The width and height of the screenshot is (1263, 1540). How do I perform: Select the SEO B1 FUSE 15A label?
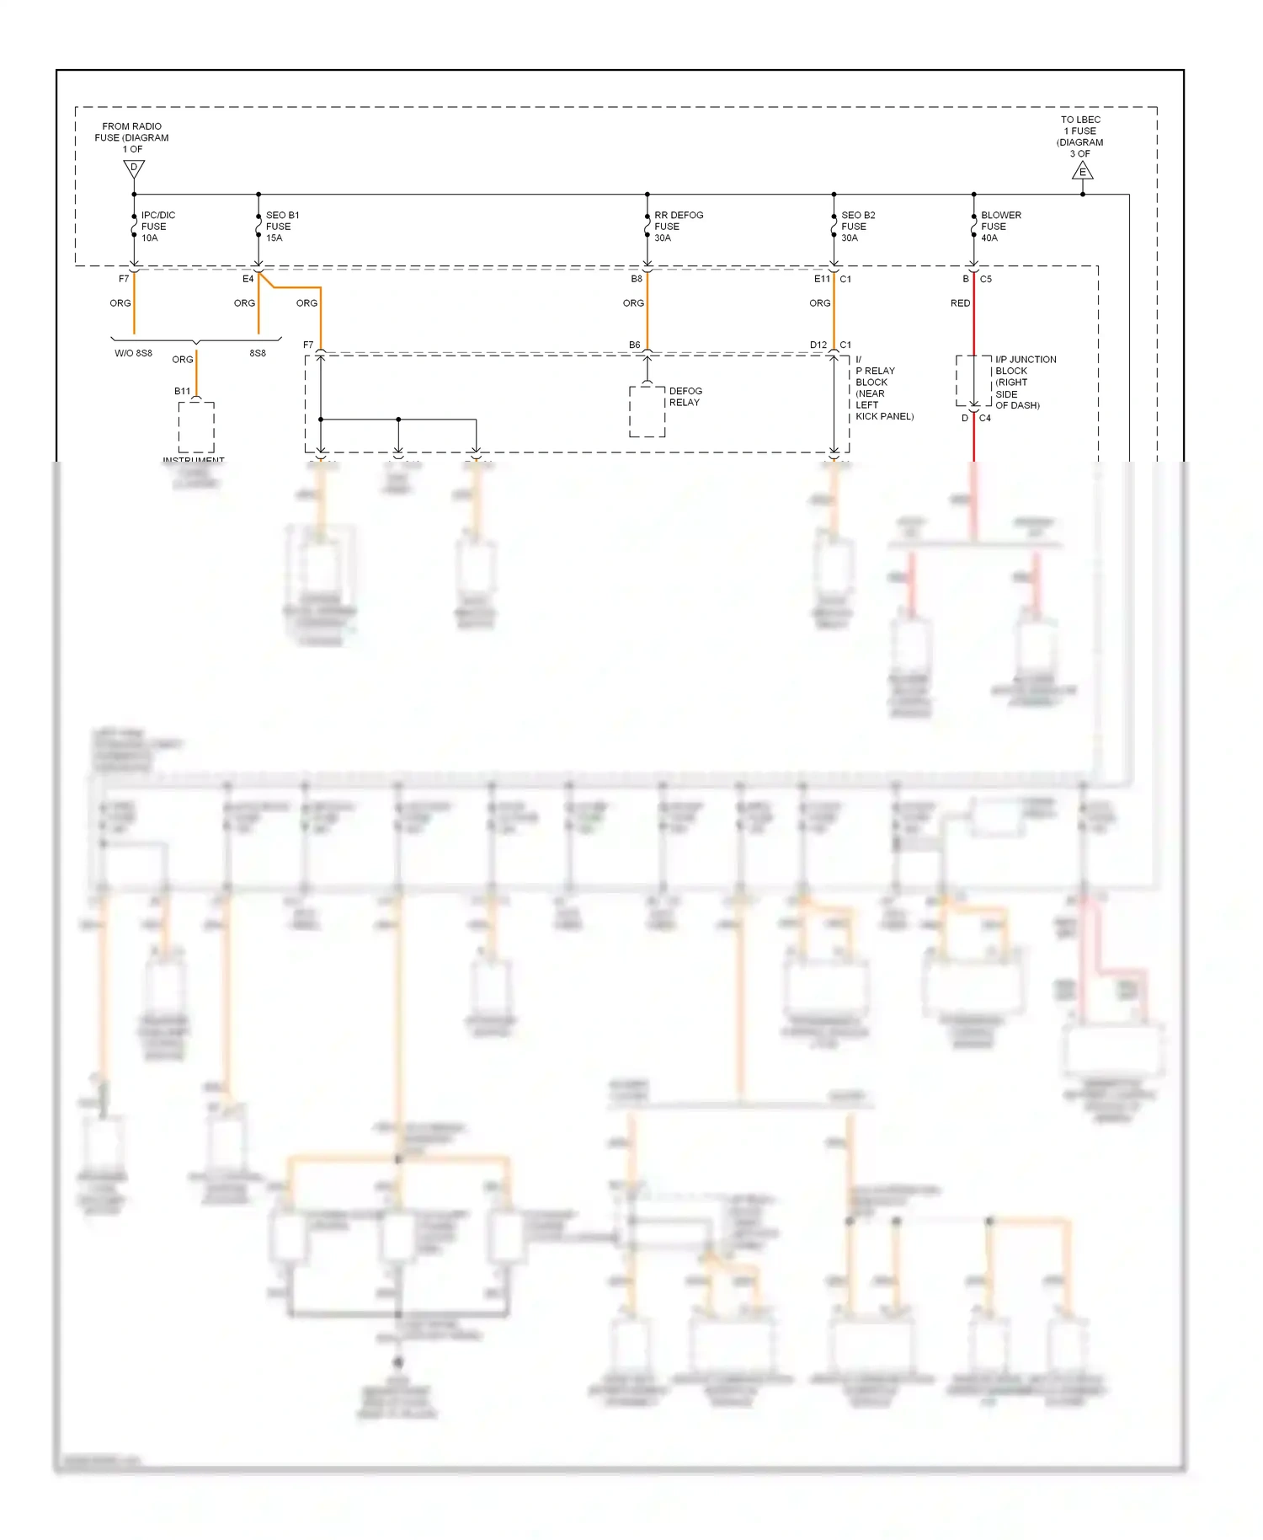point(281,227)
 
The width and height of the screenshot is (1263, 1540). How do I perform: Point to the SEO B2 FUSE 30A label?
point(857,227)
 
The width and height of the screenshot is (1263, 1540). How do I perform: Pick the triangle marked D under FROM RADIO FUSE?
point(134,168)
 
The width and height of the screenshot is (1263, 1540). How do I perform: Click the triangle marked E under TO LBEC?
point(1083,172)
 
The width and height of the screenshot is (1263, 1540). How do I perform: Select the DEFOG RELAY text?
point(685,397)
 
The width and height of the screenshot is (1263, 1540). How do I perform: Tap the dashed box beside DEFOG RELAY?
point(647,412)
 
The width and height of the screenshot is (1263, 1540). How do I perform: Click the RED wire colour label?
point(960,303)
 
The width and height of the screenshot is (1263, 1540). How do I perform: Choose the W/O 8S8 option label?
point(133,353)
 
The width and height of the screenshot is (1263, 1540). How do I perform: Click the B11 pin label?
point(182,391)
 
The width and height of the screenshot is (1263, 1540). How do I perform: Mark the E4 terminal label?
point(248,279)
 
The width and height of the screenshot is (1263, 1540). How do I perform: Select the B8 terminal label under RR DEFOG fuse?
point(637,279)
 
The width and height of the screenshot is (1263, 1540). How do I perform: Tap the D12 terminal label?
point(818,345)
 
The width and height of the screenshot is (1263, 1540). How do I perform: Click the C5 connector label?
point(985,279)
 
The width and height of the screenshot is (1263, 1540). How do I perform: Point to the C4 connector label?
point(984,418)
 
